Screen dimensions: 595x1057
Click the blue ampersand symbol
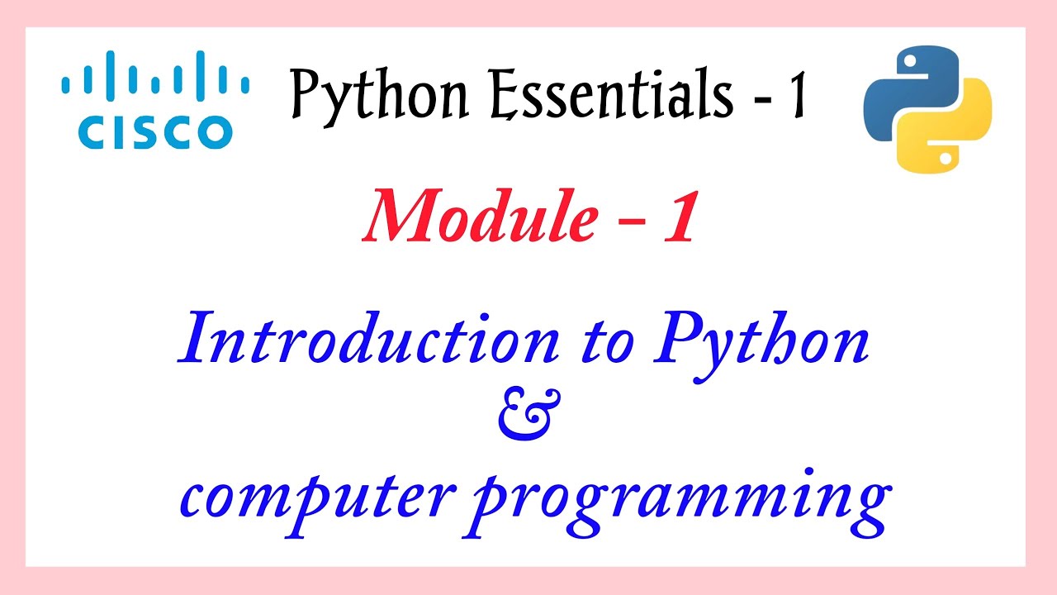[528, 417]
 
